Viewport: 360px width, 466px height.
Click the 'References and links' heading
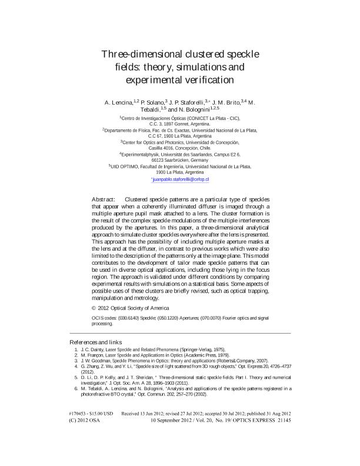coord(96,342)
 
